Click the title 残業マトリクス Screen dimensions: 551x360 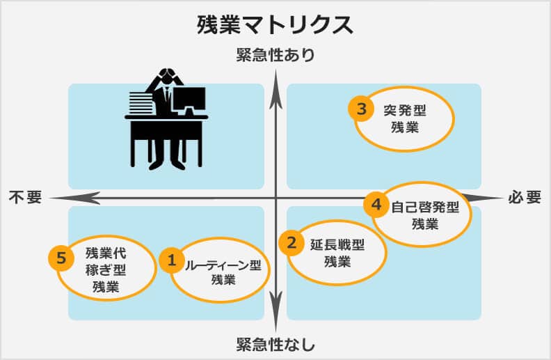coord(275,25)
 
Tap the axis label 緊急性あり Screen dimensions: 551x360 coord(276,55)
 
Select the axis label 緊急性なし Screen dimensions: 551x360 coord(275,345)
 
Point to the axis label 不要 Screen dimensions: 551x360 coord(25,197)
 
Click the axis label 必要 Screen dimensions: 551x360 coord(525,197)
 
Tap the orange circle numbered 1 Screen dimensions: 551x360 coord(172,260)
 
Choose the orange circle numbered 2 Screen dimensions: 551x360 coord(292,242)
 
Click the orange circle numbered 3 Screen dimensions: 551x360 coord(361,109)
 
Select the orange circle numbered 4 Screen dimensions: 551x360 coord(376,204)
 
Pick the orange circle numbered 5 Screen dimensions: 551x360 coord(61,258)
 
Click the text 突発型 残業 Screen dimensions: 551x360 coord(405,119)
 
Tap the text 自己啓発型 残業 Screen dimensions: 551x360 coord(425,215)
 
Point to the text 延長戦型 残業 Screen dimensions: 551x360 coord(337,253)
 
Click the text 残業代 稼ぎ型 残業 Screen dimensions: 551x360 coord(106,270)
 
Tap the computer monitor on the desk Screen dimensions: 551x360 coord(189,101)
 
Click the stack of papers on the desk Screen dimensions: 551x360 coord(140,103)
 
